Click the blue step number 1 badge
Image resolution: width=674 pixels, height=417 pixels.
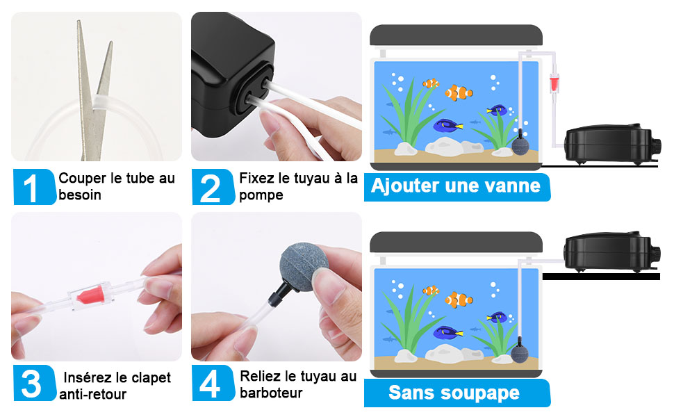pyautogui.click(x=34, y=186)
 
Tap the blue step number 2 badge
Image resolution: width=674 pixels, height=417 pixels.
pyautogui.click(x=213, y=186)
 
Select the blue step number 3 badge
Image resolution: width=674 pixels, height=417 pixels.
pyautogui.click(x=34, y=383)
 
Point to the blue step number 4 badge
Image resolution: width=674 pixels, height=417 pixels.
pyautogui.click(x=213, y=383)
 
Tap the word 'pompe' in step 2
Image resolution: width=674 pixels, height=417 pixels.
pyautogui.click(x=261, y=195)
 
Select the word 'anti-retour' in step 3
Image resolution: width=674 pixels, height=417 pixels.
pyautogui.click(x=93, y=394)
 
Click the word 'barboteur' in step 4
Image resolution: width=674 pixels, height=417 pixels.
pyautogui.click(x=271, y=393)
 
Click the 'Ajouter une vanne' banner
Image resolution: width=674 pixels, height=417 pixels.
pyautogui.click(x=457, y=187)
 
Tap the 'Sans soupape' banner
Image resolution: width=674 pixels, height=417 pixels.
pyautogui.click(x=457, y=393)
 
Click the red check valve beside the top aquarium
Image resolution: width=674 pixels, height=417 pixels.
pyautogui.click(x=554, y=83)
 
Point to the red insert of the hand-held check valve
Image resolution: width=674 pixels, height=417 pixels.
pyautogui.click(x=92, y=296)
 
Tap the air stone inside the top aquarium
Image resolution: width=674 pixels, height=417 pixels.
pyautogui.click(x=520, y=145)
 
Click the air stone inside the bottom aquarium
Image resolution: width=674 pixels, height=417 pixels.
pyautogui.click(x=520, y=352)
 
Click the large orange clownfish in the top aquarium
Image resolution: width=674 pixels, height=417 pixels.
pyautogui.click(x=459, y=92)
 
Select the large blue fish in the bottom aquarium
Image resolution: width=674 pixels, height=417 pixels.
pyautogui.click(x=447, y=332)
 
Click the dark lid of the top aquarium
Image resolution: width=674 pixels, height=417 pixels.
pyautogui.click(x=456, y=35)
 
